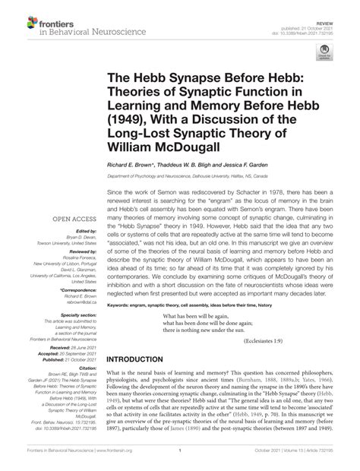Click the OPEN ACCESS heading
click(66, 220)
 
